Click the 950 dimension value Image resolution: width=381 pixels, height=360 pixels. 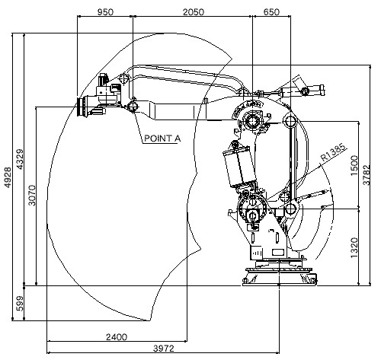coord(105,12)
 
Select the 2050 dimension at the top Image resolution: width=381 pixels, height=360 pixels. coord(194,12)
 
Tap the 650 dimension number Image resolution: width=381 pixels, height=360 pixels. coord(271,12)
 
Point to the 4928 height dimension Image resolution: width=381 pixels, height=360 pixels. coord(8,177)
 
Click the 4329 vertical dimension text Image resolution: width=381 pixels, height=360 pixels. coord(20,159)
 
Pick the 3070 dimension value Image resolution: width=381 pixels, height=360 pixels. coord(32,196)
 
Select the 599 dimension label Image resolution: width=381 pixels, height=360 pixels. coord(20,303)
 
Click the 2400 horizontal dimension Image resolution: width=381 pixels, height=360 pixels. coord(117,337)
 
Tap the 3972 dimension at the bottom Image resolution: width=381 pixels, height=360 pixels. coord(164,349)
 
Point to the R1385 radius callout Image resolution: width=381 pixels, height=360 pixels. coord(334,152)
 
